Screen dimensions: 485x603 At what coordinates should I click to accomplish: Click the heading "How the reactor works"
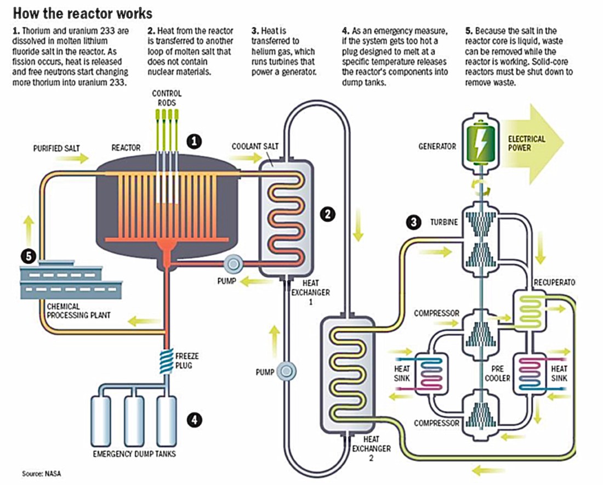tap(83, 12)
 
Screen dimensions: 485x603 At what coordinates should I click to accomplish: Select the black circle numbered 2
tap(327, 215)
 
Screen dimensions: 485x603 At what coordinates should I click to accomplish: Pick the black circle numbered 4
tap(194, 420)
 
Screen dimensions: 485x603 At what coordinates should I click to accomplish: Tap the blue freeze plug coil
tap(166, 361)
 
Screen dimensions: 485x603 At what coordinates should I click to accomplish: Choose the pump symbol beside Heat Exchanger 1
tap(235, 264)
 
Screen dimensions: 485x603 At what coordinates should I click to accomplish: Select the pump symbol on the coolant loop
tap(286, 371)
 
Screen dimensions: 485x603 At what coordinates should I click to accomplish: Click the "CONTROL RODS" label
tap(166, 98)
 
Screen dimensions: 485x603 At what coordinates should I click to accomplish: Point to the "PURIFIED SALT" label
tap(55, 148)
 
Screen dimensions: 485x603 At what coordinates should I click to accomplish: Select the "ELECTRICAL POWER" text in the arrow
tap(527, 143)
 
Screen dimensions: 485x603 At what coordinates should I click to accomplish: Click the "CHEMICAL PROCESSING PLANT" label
tap(79, 311)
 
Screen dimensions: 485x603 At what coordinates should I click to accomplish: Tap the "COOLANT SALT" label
tap(255, 146)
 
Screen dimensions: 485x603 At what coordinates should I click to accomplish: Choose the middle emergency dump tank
tap(134, 417)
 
